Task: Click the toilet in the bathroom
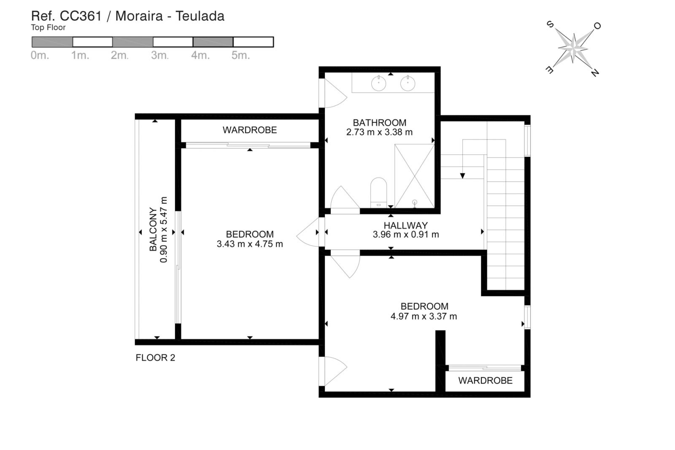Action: (x=379, y=192)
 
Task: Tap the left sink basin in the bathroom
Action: (x=379, y=84)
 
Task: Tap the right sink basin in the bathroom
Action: (x=408, y=84)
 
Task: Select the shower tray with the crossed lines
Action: (x=414, y=176)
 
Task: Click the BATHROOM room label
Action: (x=379, y=123)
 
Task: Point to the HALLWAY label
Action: (x=405, y=225)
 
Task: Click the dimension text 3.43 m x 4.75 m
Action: (x=250, y=244)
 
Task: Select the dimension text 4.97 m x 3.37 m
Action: (x=424, y=316)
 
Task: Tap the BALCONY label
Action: (x=153, y=229)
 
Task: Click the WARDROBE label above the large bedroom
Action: (x=250, y=130)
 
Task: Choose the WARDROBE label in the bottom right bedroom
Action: (x=485, y=380)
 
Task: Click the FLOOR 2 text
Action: (x=155, y=358)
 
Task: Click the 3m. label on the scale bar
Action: (x=160, y=56)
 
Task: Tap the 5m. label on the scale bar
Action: (x=240, y=56)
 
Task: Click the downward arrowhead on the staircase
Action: (x=463, y=176)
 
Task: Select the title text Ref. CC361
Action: (x=66, y=16)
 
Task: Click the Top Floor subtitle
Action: (x=48, y=27)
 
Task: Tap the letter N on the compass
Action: (x=594, y=73)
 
